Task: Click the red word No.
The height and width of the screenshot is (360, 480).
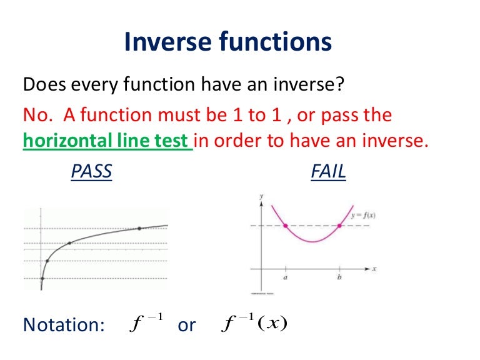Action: [x=35, y=114]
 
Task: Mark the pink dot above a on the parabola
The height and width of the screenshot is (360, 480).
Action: [x=286, y=226]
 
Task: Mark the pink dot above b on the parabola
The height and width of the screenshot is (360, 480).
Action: [x=339, y=226]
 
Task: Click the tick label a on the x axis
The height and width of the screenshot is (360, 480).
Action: [x=286, y=279]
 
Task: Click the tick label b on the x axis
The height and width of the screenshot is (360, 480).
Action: [x=339, y=279]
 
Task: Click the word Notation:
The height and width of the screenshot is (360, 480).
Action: [x=63, y=325]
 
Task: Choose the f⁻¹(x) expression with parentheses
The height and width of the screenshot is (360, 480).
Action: [x=254, y=323]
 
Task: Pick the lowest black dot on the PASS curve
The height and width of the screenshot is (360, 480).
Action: [x=42, y=279]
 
